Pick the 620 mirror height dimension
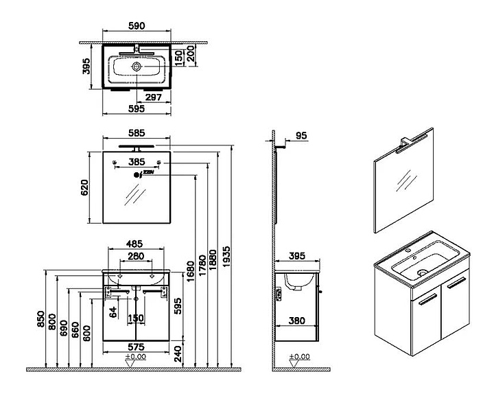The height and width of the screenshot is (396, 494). [x=86, y=187]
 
